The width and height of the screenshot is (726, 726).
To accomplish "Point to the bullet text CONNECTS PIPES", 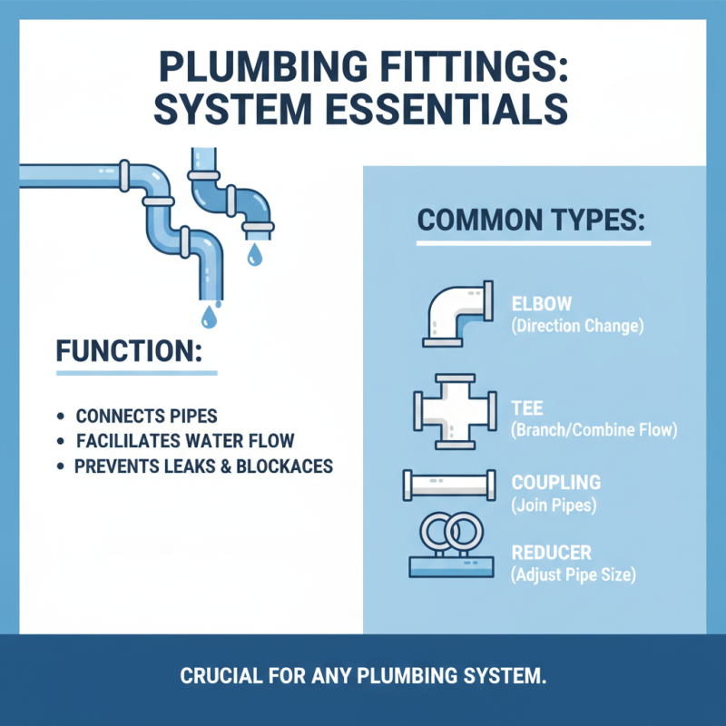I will tap(146, 417).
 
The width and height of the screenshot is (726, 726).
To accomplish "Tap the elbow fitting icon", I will tap(457, 313).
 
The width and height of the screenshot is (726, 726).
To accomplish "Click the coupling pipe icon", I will tap(450, 485).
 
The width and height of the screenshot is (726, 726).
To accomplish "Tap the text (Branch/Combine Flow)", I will tap(594, 430).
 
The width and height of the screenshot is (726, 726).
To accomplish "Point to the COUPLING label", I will tap(555, 483).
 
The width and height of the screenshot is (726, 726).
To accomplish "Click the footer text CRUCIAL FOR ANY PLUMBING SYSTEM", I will tap(363, 677).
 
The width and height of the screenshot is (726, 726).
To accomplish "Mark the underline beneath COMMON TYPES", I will tap(533, 243).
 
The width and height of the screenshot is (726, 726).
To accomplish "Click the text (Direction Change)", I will tap(577, 326).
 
